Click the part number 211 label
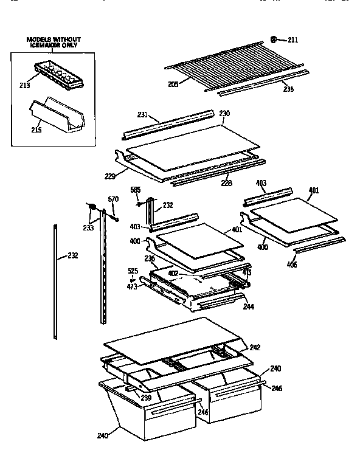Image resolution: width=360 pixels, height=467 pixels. [x=292, y=40]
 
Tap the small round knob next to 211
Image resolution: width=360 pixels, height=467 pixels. [x=274, y=40]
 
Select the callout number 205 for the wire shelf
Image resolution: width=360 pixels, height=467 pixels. [x=173, y=84]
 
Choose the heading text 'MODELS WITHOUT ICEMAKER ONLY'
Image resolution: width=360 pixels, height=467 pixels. [x=53, y=43]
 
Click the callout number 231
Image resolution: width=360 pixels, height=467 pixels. [x=144, y=114]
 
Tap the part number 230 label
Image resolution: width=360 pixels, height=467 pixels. [x=224, y=113]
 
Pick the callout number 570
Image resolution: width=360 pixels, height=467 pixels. [x=112, y=199]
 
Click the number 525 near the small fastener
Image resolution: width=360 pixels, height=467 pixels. [x=132, y=271]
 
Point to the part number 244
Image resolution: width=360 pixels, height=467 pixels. [x=248, y=307]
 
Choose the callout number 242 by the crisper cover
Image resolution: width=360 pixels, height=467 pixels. [x=255, y=347]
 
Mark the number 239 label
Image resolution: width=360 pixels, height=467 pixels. [x=146, y=398]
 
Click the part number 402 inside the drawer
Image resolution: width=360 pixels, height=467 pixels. [x=173, y=274]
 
